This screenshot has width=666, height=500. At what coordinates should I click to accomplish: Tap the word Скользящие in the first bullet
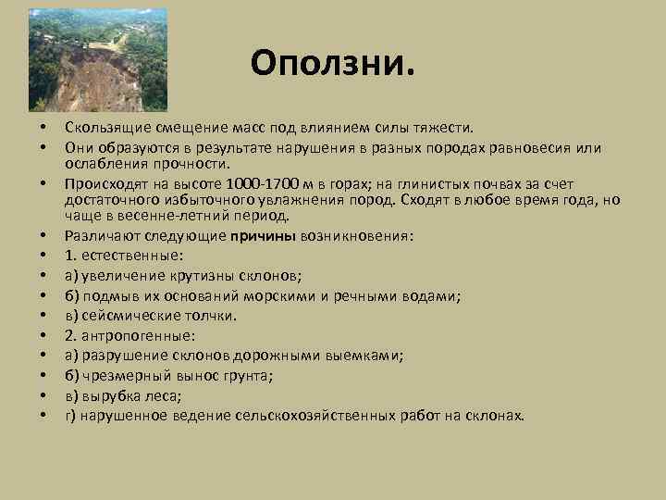102,127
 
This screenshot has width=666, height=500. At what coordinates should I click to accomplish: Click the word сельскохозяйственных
320,415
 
